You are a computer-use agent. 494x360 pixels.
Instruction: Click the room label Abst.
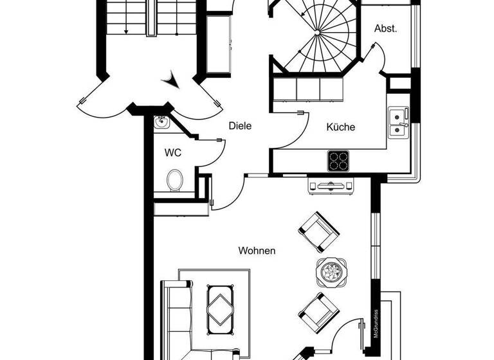(x=386, y=28)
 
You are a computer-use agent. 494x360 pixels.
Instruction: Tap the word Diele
(x=240, y=126)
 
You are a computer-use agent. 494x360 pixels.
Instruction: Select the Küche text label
(x=340, y=127)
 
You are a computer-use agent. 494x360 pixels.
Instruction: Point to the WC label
(x=172, y=153)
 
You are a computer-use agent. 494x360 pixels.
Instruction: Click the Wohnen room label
(x=257, y=251)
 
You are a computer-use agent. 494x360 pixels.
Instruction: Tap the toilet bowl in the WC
(x=174, y=180)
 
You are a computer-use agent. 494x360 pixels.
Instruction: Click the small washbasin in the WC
(x=161, y=122)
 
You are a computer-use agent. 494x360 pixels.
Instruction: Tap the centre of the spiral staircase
(x=320, y=31)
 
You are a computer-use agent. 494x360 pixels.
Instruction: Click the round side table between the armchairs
(x=331, y=271)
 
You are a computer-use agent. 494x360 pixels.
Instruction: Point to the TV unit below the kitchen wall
(x=331, y=186)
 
